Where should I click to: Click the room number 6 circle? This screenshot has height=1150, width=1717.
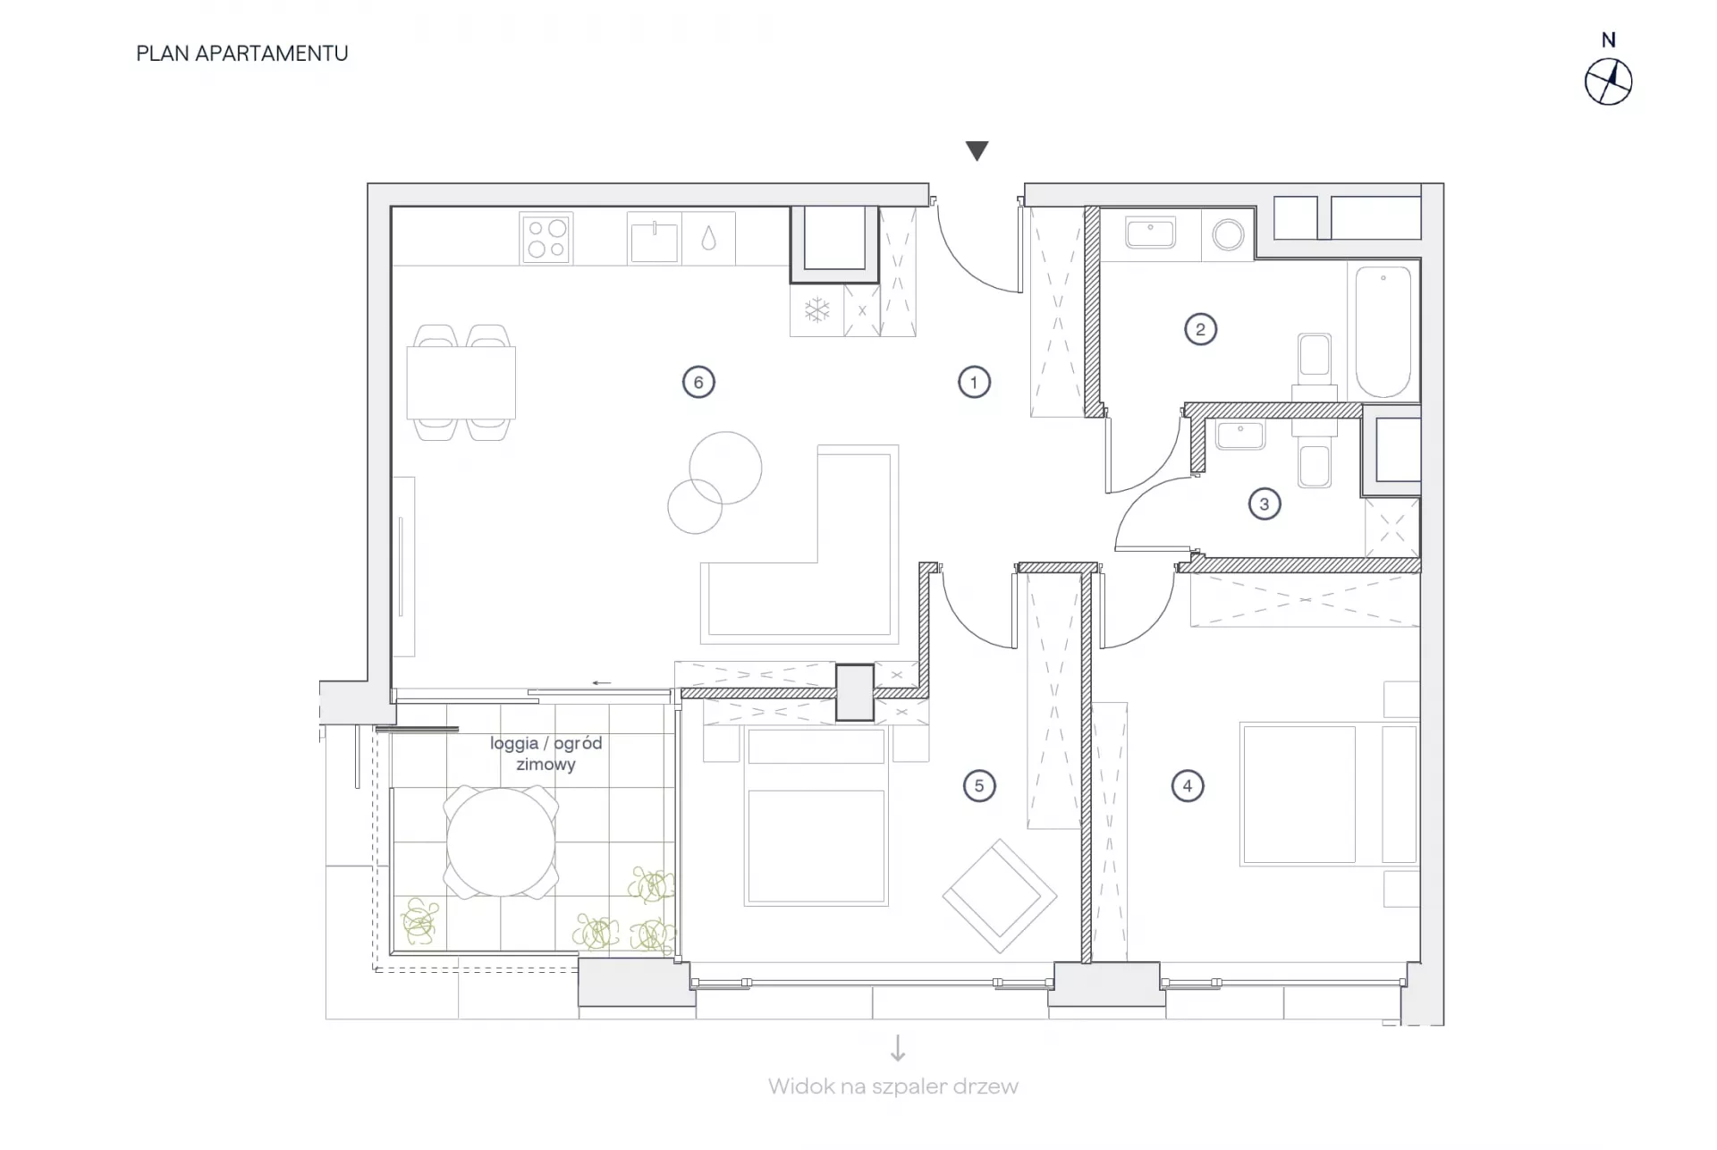(698, 383)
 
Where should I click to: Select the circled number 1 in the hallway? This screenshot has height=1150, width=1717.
(974, 383)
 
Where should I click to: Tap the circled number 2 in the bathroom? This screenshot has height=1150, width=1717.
(1200, 329)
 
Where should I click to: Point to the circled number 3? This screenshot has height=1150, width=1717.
(1264, 504)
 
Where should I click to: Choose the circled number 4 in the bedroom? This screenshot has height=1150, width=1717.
(1188, 786)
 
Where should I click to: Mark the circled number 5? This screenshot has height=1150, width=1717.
(979, 786)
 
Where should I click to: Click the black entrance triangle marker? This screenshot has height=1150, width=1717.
(977, 150)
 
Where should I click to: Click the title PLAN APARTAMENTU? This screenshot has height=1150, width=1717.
(242, 54)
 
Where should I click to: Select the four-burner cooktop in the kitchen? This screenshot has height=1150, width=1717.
(546, 239)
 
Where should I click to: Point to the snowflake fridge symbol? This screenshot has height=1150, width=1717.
(816, 310)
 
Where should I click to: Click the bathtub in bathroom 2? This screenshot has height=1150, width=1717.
(1383, 331)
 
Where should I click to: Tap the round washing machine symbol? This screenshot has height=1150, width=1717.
(1228, 235)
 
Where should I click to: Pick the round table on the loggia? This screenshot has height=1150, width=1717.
(501, 842)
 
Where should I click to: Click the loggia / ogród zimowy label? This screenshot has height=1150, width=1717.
(546, 754)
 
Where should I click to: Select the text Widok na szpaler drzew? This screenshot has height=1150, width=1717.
(892, 1087)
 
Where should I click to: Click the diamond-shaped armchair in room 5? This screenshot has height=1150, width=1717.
(1000, 896)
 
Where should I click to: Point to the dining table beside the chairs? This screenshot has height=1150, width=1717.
(461, 383)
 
